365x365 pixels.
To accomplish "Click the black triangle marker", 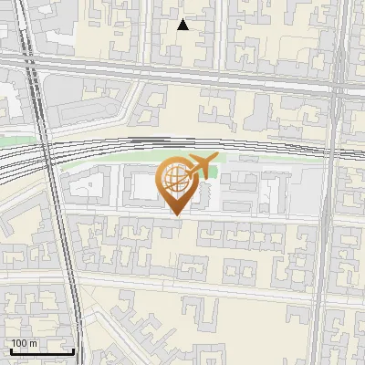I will [x=182, y=25].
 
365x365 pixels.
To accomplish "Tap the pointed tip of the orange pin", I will [x=174, y=215].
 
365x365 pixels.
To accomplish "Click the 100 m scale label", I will [x=24, y=343].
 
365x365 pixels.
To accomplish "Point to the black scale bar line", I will [x=41, y=350].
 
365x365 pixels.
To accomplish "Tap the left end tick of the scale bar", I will [x=9, y=349].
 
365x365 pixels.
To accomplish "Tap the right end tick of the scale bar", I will [x=74, y=349].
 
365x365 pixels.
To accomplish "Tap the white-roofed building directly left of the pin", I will [x=141, y=188].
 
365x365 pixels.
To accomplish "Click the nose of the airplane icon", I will [x=217, y=161].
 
